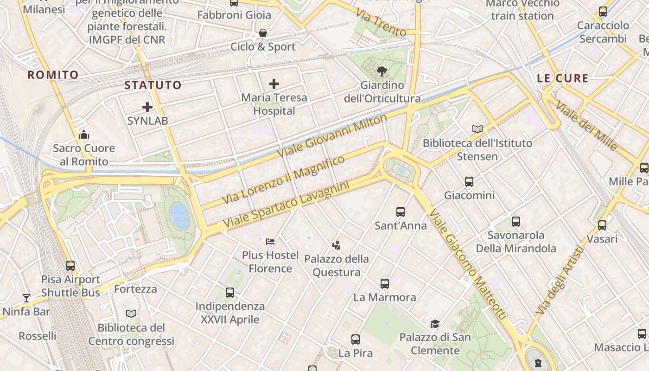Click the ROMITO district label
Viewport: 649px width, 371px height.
coord(53,75)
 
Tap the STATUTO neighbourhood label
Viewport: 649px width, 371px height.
coord(153,85)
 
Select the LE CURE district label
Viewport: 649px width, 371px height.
coord(563,78)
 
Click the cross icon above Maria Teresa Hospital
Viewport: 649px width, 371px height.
coord(274,84)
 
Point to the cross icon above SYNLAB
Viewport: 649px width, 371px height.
coord(147,107)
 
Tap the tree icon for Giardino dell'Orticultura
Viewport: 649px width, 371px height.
coord(382,71)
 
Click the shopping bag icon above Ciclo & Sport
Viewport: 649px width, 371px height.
coord(263,33)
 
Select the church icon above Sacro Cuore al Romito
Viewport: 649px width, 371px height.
coord(84,134)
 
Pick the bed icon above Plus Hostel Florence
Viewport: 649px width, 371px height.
coord(270,241)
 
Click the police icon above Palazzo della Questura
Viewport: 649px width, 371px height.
coord(337,245)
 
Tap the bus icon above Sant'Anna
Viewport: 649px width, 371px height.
coord(401,212)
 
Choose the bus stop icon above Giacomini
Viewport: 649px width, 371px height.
coord(469,181)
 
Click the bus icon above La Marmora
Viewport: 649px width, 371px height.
coord(384,283)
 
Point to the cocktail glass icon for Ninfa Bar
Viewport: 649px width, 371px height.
coord(26,298)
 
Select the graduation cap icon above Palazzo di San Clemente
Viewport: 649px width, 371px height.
coord(434,323)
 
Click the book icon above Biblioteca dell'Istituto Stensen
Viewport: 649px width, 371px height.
coord(477,129)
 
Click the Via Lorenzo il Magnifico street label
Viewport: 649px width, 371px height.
coord(283,180)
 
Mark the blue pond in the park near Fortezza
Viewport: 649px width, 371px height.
coord(179,216)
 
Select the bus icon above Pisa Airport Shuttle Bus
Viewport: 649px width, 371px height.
coord(70,266)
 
